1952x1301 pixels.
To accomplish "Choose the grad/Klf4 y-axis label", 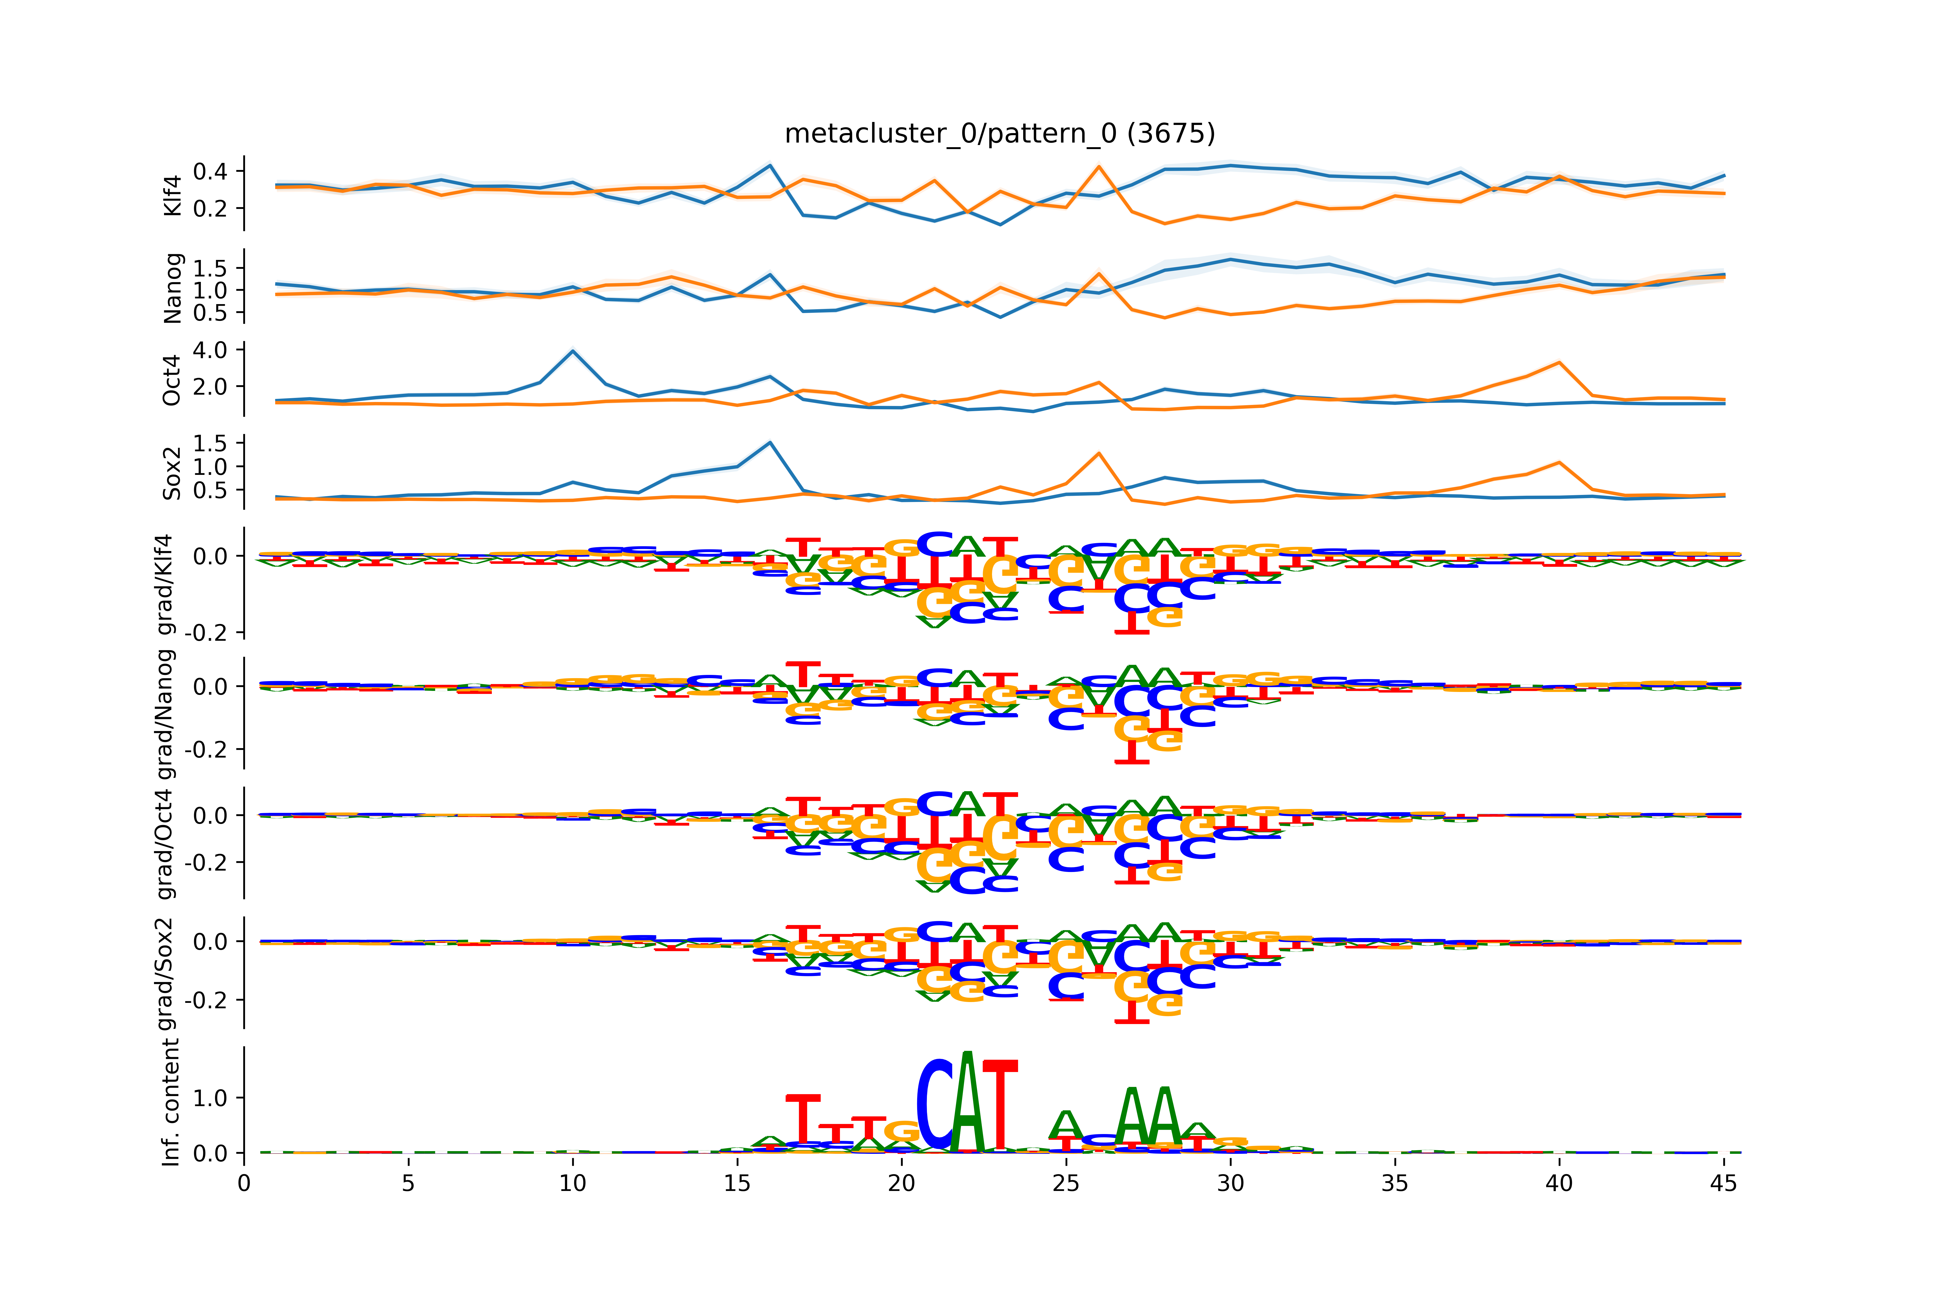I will point(166,584).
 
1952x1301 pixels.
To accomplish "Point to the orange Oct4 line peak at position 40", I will point(1559,363).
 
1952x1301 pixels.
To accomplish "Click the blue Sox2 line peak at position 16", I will point(770,442).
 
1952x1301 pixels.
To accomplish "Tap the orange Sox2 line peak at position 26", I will point(1099,453).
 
